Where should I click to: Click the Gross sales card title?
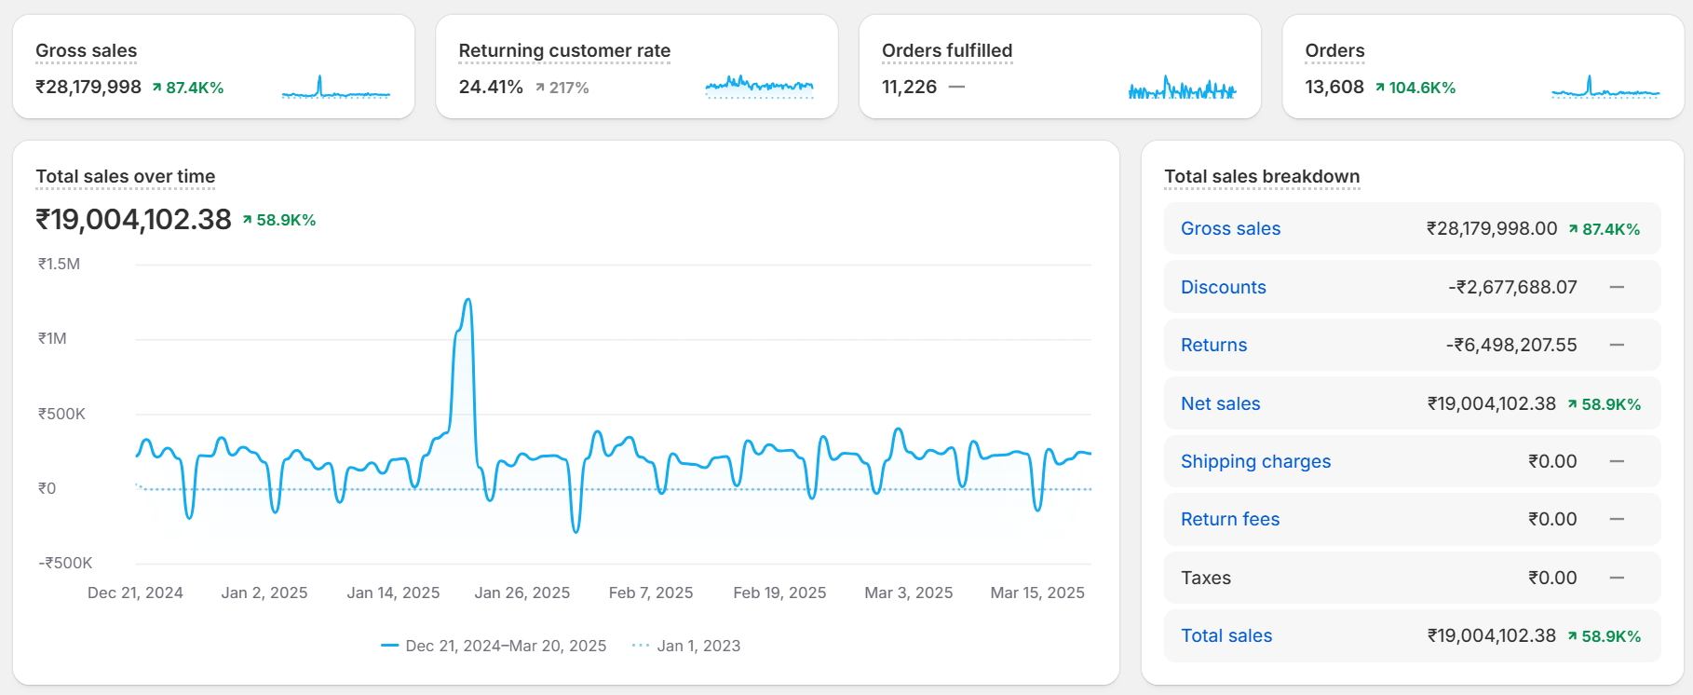[86, 50]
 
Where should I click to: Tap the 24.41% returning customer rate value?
[491, 87]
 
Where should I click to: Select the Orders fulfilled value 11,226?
[909, 87]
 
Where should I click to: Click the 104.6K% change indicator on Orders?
[1415, 88]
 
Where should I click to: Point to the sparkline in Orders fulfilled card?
[1182, 89]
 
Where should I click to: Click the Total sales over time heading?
[125, 176]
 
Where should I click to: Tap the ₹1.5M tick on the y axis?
[59, 264]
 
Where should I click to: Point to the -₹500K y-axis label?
[65, 563]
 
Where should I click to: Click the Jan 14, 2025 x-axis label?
[393, 593]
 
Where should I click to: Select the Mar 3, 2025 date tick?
[908, 593]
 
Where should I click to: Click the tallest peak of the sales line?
[467, 300]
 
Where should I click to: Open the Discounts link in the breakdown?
[1223, 287]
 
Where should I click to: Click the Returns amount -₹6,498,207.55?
[1510, 345]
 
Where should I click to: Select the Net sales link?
[1220, 403]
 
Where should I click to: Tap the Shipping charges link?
[1255, 461]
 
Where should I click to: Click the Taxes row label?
[1205, 578]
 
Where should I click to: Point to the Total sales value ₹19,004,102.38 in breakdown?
[1491, 635]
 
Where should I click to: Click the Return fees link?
[1229, 519]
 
